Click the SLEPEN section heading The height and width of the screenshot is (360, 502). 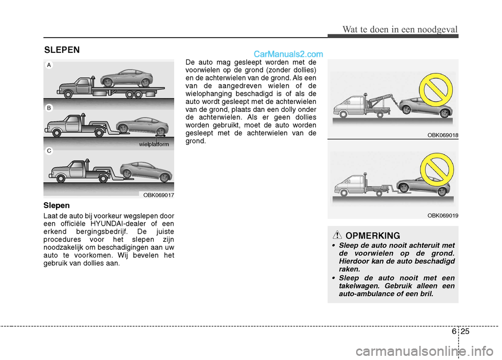click(x=62, y=50)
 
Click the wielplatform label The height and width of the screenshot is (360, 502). click(x=154, y=144)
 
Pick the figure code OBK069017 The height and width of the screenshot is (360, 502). click(x=158, y=195)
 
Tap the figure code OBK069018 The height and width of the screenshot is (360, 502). click(x=442, y=135)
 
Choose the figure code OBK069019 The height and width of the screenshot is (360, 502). click(x=442, y=215)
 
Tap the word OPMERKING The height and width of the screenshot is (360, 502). click(x=373, y=236)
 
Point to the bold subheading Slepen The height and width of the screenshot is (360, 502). click(x=58, y=206)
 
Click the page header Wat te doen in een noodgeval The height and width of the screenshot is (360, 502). click(x=401, y=29)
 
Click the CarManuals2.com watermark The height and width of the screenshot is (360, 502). click(x=288, y=53)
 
